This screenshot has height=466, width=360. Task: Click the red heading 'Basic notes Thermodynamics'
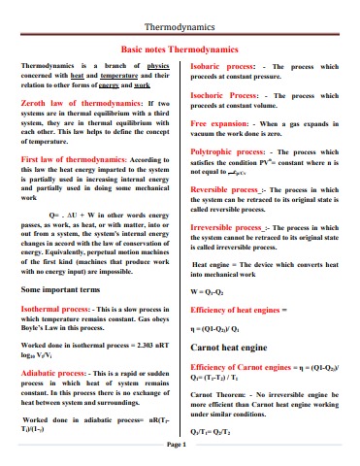[180, 47]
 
